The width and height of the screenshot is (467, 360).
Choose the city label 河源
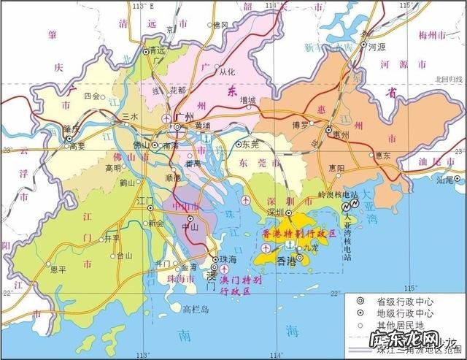pyautogui.click(x=377, y=46)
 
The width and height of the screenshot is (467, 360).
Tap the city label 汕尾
pyautogui.click(x=444, y=179)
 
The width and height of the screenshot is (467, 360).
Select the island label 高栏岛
pyautogui.click(x=196, y=309)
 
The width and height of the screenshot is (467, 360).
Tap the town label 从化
pyautogui.click(x=226, y=72)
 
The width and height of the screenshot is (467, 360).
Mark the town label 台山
pyautogui.click(x=125, y=256)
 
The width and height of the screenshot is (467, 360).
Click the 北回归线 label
pyautogui.click(x=449, y=79)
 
